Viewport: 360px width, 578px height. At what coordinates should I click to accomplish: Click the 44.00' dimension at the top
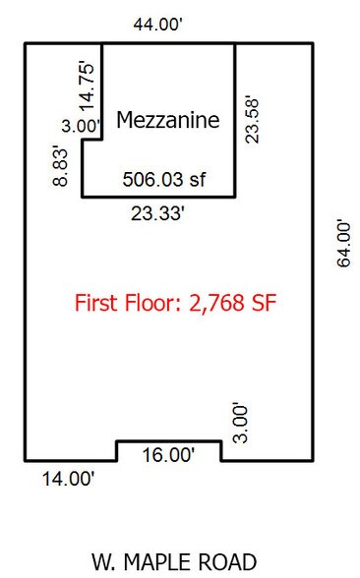click(x=157, y=26)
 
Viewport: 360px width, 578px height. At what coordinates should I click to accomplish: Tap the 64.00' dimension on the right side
click(x=344, y=244)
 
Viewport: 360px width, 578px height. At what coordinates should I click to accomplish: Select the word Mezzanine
click(x=168, y=120)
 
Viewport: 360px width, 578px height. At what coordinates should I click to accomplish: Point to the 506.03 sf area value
click(x=164, y=180)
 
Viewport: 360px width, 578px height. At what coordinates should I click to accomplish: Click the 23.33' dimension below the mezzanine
click(x=157, y=213)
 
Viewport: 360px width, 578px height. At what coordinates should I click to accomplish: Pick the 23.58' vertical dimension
click(x=253, y=120)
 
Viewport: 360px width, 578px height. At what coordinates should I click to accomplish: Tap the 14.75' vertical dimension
click(x=88, y=87)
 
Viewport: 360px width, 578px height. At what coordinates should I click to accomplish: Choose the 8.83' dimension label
click(x=61, y=167)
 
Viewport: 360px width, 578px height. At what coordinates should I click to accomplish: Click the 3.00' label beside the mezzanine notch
click(x=81, y=126)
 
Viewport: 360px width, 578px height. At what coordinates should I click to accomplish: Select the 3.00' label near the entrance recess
click(x=242, y=424)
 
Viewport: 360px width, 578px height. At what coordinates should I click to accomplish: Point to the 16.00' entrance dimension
click(x=169, y=455)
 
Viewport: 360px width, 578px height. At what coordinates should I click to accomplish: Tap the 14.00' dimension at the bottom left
click(x=69, y=480)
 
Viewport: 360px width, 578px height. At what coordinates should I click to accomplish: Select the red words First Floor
click(x=125, y=303)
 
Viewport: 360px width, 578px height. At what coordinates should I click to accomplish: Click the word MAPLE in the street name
click(x=159, y=562)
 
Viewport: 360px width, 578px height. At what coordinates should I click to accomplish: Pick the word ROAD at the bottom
click(x=227, y=562)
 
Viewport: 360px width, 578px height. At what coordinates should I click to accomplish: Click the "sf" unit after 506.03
click(x=198, y=180)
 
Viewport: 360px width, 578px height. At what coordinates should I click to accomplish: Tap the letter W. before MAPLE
click(x=105, y=562)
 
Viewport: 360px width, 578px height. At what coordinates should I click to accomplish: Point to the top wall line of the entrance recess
click(x=169, y=440)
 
